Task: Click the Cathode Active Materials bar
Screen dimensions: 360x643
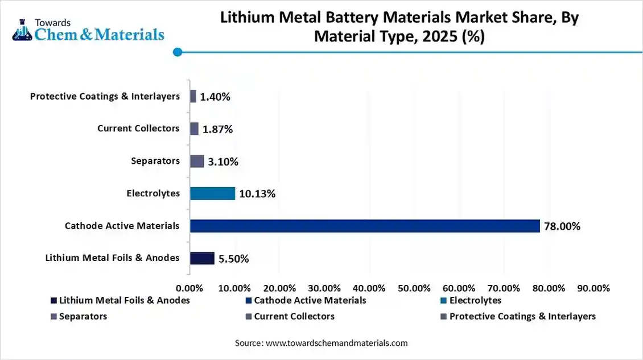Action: click(x=365, y=226)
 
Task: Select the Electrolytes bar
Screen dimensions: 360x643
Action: click(x=212, y=193)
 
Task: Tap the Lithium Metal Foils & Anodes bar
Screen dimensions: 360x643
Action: click(x=202, y=258)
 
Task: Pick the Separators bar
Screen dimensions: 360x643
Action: click(x=197, y=161)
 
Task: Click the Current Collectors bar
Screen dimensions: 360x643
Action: click(x=194, y=129)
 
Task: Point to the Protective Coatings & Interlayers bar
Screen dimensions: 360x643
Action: click(x=193, y=96)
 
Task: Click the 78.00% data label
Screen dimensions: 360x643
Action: click(x=562, y=226)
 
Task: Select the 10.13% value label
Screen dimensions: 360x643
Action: click(x=257, y=194)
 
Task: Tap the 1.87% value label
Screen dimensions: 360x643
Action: click(x=218, y=129)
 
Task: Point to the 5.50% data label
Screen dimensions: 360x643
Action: click(x=233, y=259)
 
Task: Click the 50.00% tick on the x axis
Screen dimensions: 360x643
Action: click(x=414, y=288)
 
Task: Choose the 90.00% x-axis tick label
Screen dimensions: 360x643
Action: click(x=593, y=288)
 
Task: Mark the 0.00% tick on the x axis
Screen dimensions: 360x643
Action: click(x=190, y=288)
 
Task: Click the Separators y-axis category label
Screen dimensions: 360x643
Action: click(x=155, y=161)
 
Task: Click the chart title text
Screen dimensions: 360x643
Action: click(x=399, y=27)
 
